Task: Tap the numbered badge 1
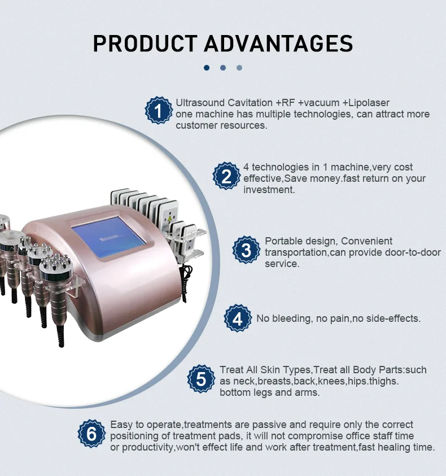158,111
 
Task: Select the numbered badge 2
226,176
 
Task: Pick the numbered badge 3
247,250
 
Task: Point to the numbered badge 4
238,318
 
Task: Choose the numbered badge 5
202,378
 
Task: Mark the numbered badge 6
91,434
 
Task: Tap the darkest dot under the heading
207,68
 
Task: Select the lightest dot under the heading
239,68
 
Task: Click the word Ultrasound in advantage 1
198,103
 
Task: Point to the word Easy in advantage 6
120,424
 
